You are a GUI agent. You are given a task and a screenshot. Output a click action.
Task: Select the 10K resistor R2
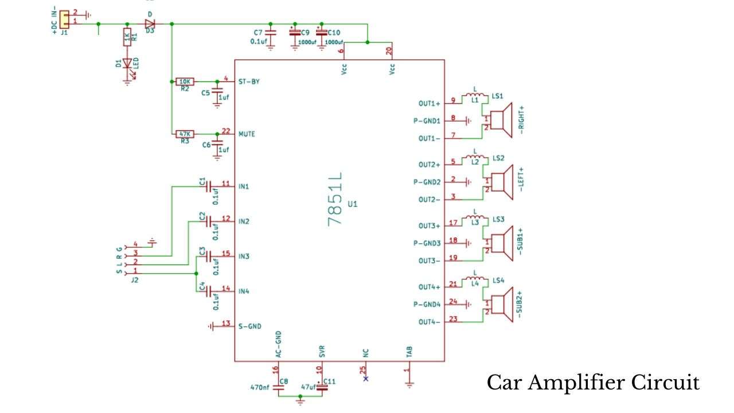point(185,82)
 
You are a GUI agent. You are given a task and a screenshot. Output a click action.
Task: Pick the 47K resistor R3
point(185,134)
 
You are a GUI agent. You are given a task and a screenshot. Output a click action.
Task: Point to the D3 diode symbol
point(150,24)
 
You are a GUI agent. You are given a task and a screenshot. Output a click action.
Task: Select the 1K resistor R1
point(127,37)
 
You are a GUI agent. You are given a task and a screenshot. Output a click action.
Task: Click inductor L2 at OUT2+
point(475,156)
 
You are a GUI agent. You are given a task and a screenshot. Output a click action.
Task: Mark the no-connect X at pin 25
point(366,379)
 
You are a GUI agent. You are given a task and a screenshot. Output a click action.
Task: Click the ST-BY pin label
point(249,82)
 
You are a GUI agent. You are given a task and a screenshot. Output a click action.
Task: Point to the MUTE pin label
point(247,134)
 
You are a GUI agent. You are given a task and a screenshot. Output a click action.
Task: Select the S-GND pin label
point(249,326)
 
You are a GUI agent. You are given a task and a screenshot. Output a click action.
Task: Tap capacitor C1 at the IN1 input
point(209,186)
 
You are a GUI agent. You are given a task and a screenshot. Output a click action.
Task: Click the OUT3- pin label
point(430,260)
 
